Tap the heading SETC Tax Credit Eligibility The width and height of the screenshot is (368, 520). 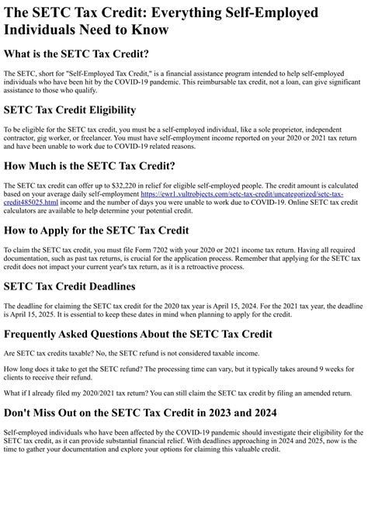(81, 110)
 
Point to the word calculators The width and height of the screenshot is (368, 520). (23, 211)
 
